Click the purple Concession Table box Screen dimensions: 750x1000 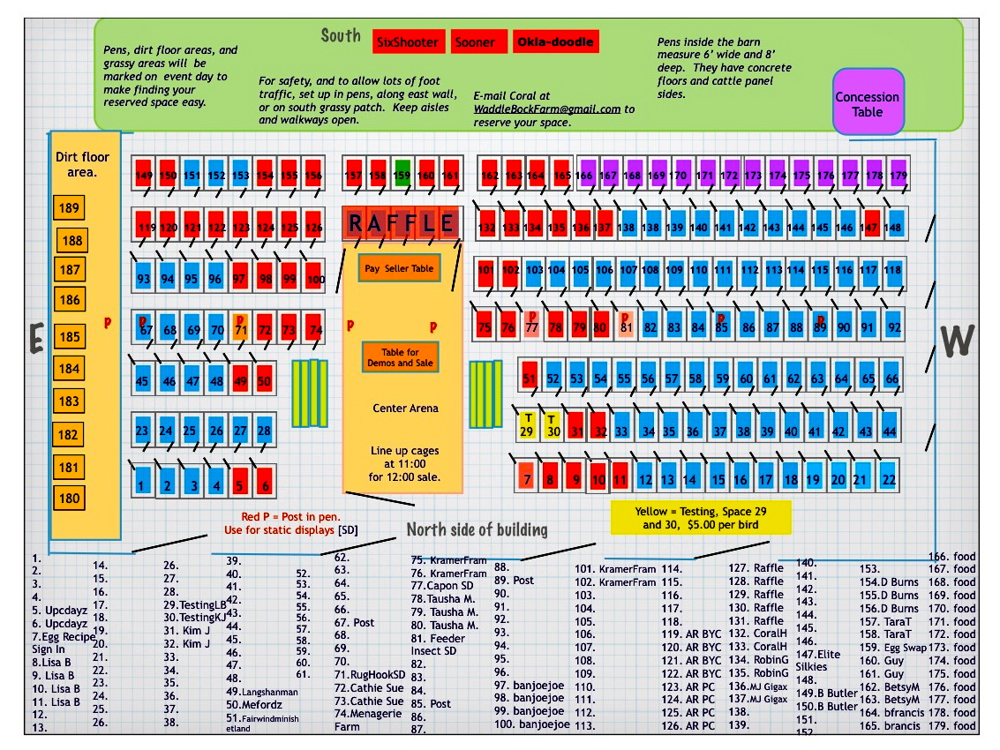868,102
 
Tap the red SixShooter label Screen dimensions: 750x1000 407,41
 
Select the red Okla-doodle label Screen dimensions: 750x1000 555,41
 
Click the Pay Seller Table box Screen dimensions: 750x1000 398,268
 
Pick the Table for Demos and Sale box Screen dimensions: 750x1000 399,357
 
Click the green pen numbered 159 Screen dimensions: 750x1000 402,175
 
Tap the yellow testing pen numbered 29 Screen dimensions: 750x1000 527,425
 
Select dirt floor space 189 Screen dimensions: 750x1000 69,208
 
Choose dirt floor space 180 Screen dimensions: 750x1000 69,498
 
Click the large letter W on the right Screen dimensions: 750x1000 957,341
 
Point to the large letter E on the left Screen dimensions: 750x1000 36,338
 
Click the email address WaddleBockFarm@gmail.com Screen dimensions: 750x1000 547,109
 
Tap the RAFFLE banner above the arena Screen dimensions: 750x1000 402,223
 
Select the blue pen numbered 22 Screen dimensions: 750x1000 889,479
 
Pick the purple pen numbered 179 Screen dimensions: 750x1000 898,175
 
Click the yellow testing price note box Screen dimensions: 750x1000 700,518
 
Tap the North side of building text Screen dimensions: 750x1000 477,529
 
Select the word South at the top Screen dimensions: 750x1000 341,36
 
